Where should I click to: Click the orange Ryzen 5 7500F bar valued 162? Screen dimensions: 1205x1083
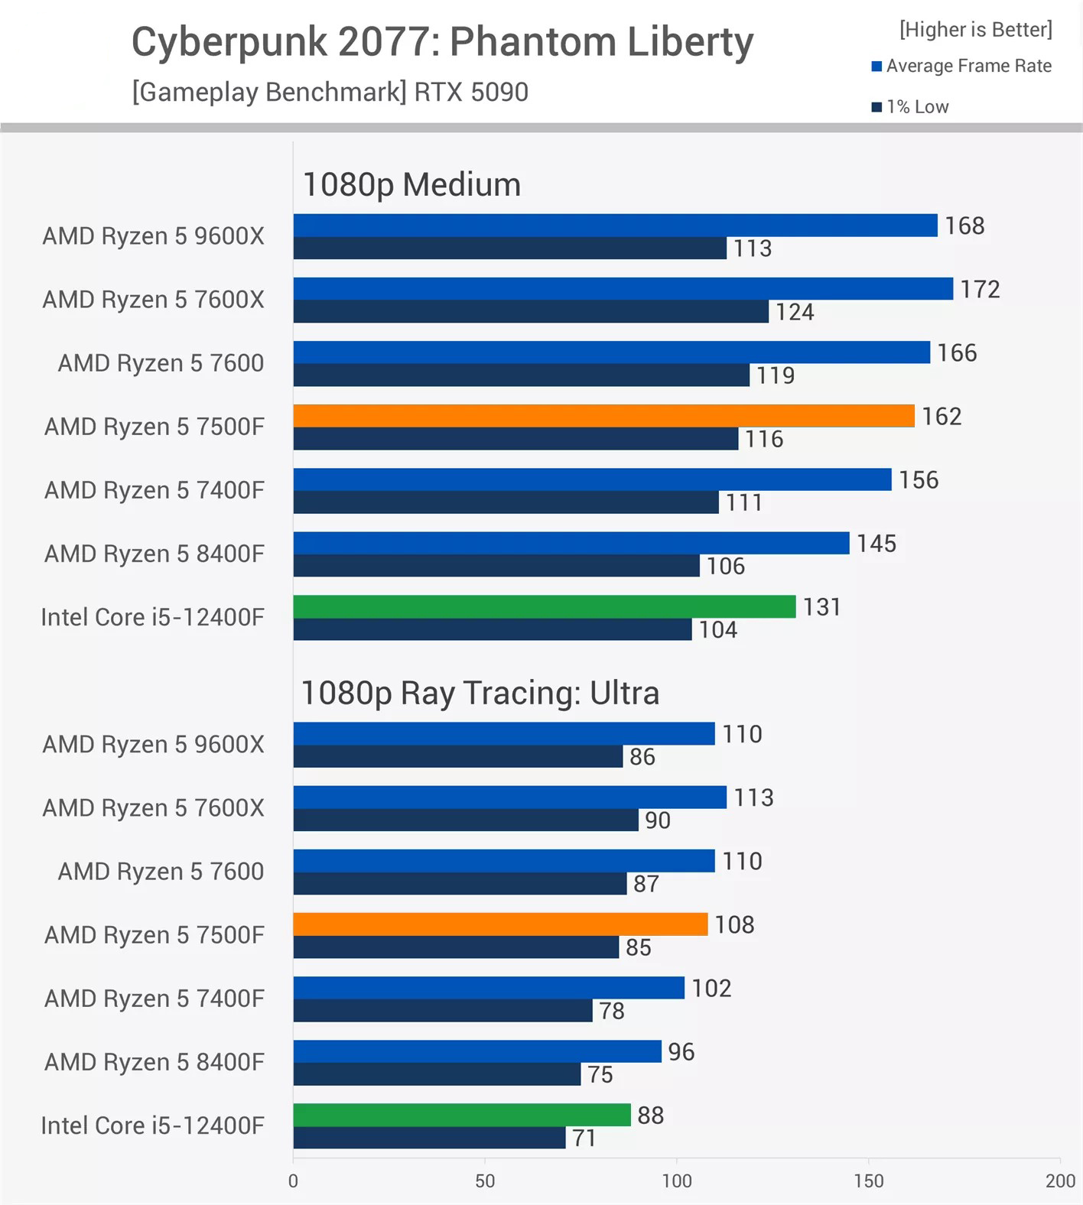[603, 416]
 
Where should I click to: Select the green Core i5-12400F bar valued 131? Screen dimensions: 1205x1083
[544, 606]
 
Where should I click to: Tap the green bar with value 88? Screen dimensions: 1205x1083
[461, 1115]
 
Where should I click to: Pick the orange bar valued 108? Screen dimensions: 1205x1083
[500, 924]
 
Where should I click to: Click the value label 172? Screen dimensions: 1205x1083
[980, 289]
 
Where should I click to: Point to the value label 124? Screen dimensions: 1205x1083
[795, 312]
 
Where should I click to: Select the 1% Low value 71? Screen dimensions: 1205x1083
[584, 1138]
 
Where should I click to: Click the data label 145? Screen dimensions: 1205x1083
[876, 544]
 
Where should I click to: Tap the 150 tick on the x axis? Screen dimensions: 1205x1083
[868, 1181]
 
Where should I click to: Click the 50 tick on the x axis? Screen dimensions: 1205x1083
[485, 1181]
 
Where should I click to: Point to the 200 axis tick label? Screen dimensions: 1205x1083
[1060, 1181]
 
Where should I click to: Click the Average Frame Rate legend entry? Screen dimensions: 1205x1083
[961, 66]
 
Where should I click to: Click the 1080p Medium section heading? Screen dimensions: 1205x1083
[411, 184]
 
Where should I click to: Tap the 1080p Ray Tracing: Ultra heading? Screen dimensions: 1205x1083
[480, 693]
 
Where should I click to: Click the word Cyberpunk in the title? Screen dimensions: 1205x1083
[229, 42]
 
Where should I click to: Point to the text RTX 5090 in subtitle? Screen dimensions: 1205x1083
[471, 92]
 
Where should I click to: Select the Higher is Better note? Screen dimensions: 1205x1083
[976, 29]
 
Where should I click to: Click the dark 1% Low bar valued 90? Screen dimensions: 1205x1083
[465, 820]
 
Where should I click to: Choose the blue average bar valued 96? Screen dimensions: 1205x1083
[476, 1051]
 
